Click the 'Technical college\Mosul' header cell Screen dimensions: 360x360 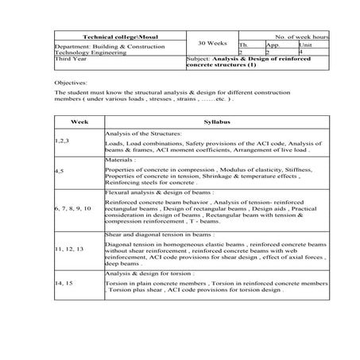tap(114, 37)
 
